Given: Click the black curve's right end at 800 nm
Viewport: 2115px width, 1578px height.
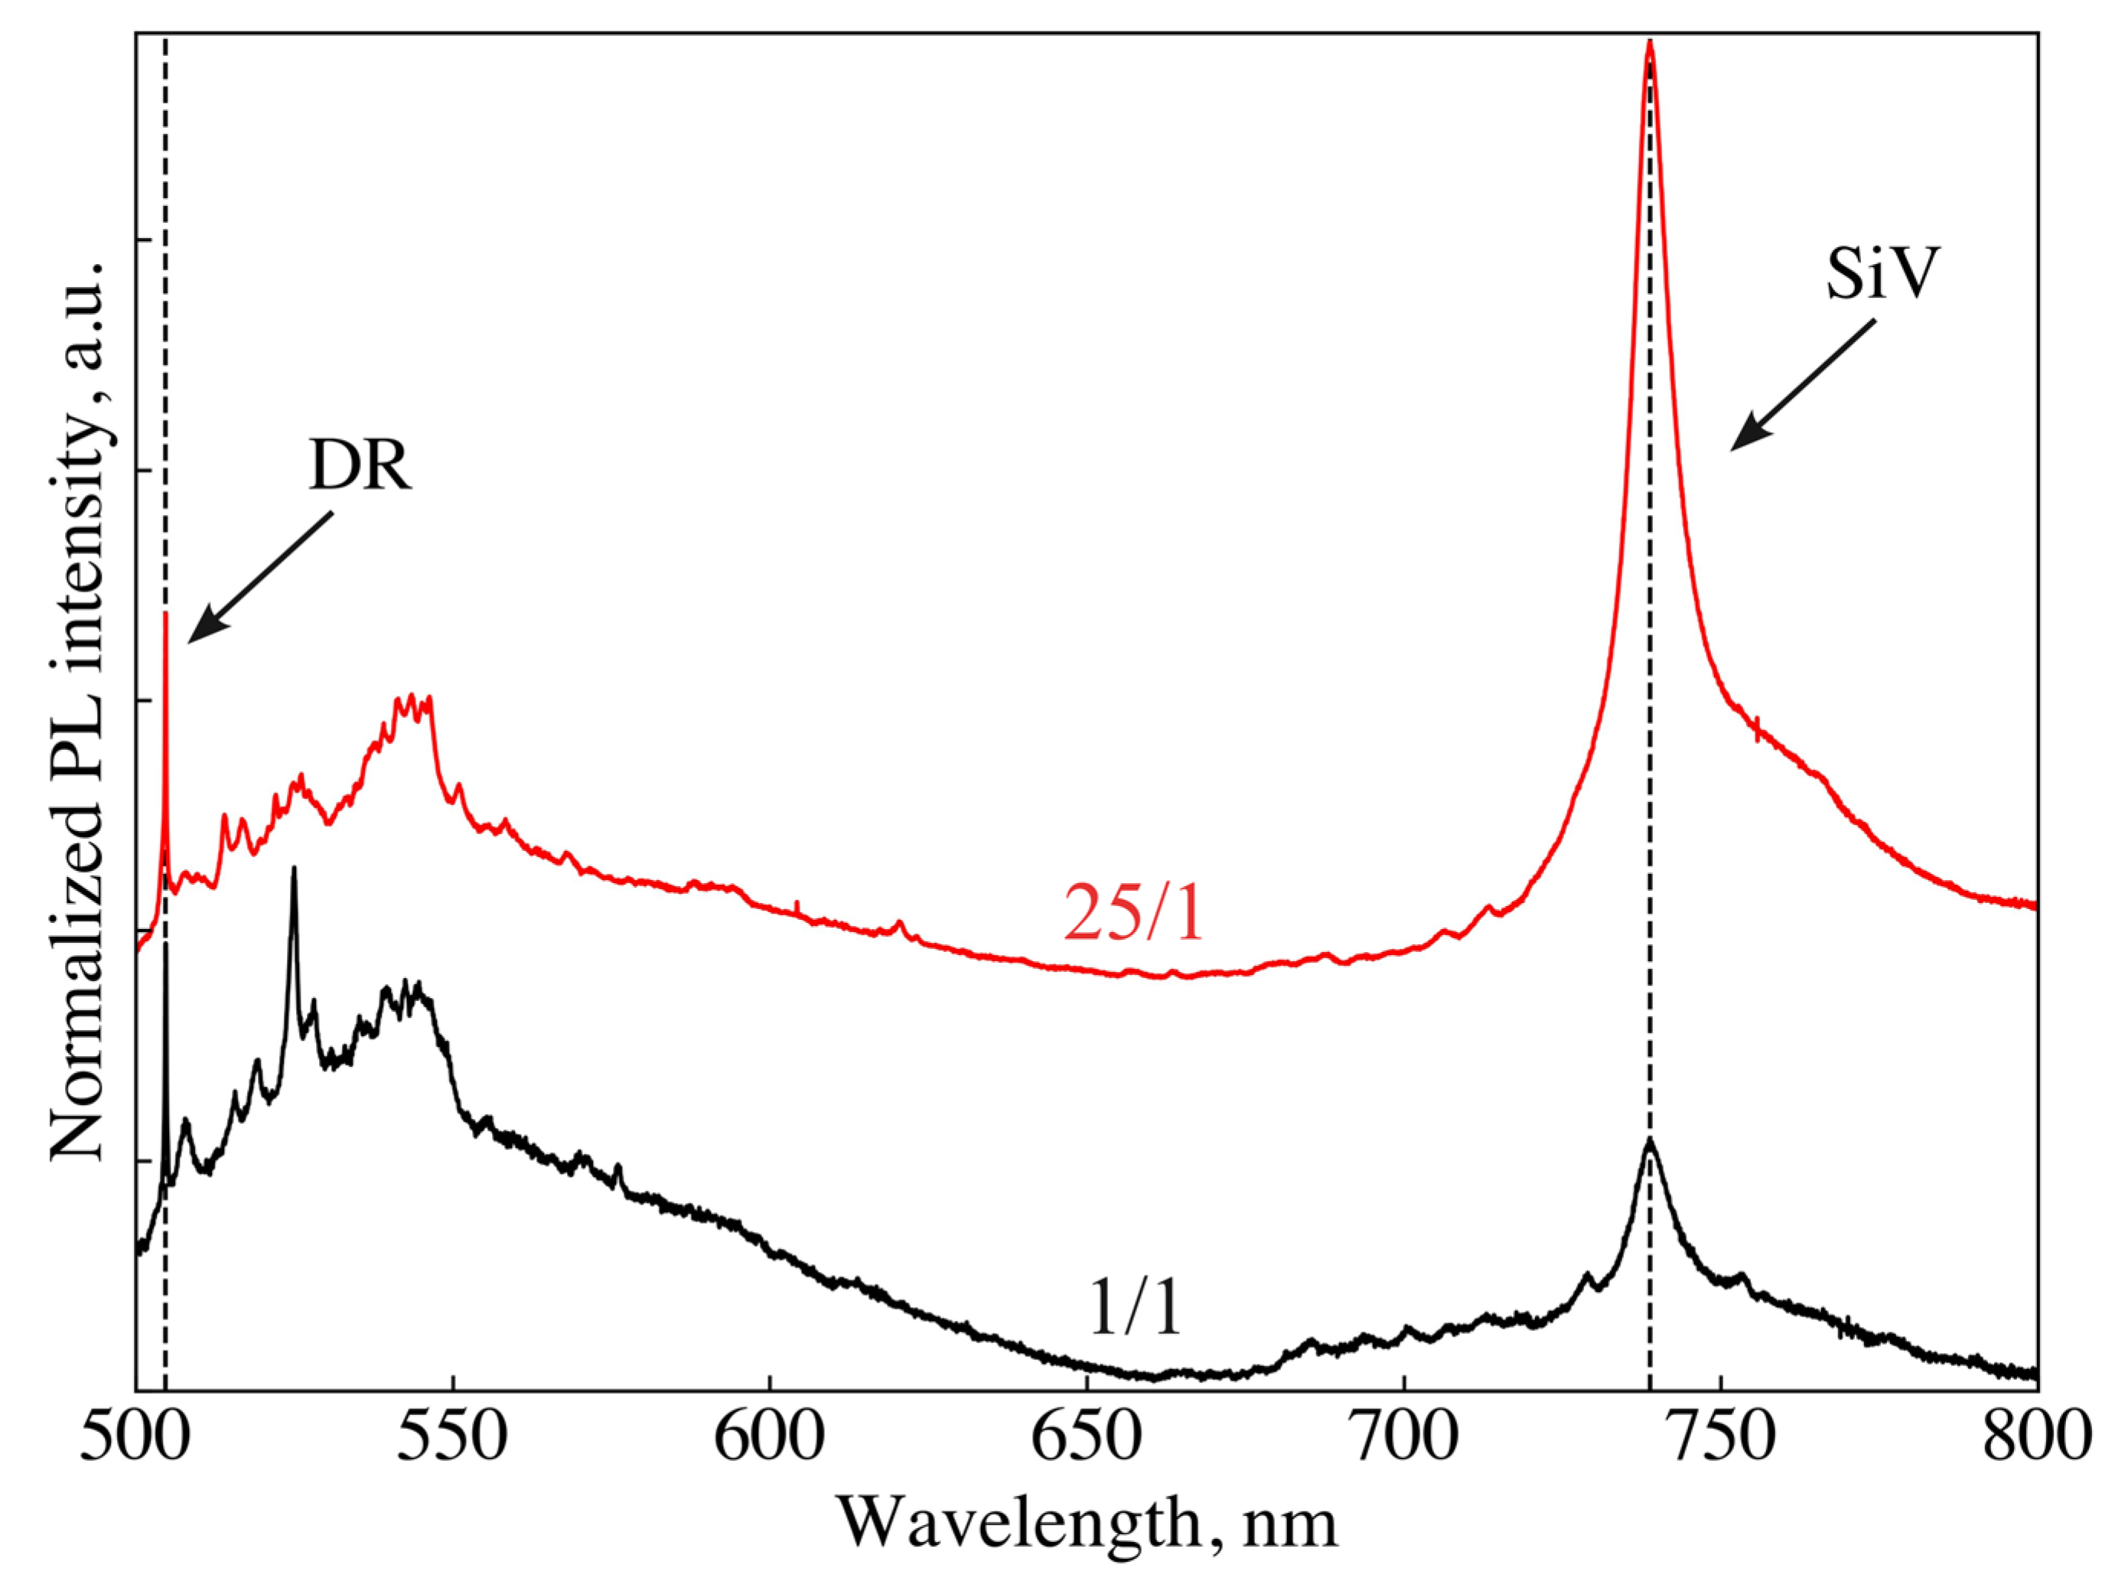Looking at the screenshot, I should [2035, 1373].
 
